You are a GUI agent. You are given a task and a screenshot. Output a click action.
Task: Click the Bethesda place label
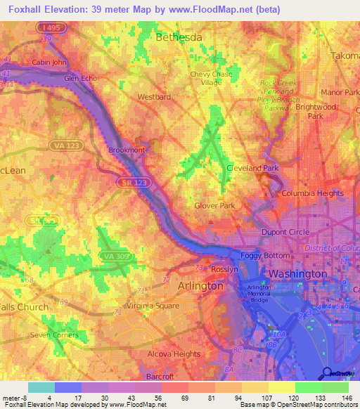(179, 37)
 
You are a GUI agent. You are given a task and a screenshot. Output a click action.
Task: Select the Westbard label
(155, 97)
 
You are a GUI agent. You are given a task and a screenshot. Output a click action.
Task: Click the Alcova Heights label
(176, 354)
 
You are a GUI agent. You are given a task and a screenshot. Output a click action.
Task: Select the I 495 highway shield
(48, 27)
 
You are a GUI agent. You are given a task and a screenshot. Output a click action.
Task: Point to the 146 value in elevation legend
(347, 397)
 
